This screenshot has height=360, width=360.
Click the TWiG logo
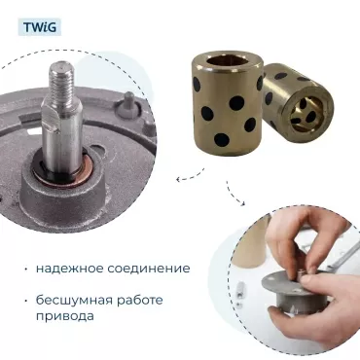tap(40, 27)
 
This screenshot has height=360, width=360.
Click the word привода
tap(65, 316)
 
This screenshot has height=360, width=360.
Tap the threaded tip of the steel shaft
tap(63, 80)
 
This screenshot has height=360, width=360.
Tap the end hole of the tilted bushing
tap(306, 112)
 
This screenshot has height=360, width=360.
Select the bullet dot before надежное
tap(25, 270)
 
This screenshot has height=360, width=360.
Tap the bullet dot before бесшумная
tap(25, 301)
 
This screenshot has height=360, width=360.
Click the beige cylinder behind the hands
tap(250, 243)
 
